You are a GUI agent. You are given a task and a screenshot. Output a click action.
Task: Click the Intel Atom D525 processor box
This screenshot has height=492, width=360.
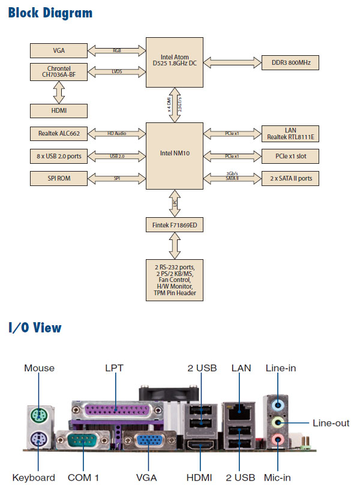[175, 61]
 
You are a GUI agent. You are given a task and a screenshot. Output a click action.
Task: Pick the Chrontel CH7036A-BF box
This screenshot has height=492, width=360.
[59, 72]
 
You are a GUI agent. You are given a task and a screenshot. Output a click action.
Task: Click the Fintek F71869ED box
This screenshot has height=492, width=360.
[175, 225]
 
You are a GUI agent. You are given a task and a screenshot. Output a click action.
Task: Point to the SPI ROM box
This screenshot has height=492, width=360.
[59, 178]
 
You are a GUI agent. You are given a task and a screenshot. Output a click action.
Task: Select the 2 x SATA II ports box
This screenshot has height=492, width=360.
[290, 178]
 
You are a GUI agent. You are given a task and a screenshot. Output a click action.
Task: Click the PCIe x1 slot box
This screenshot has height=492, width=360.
[290, 156]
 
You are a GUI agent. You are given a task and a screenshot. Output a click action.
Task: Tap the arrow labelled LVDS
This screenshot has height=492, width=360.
[117, 72]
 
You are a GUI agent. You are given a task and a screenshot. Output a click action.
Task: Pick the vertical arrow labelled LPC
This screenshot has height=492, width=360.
[175, 203]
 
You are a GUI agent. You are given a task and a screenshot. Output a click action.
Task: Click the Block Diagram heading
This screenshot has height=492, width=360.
[50, 13]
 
